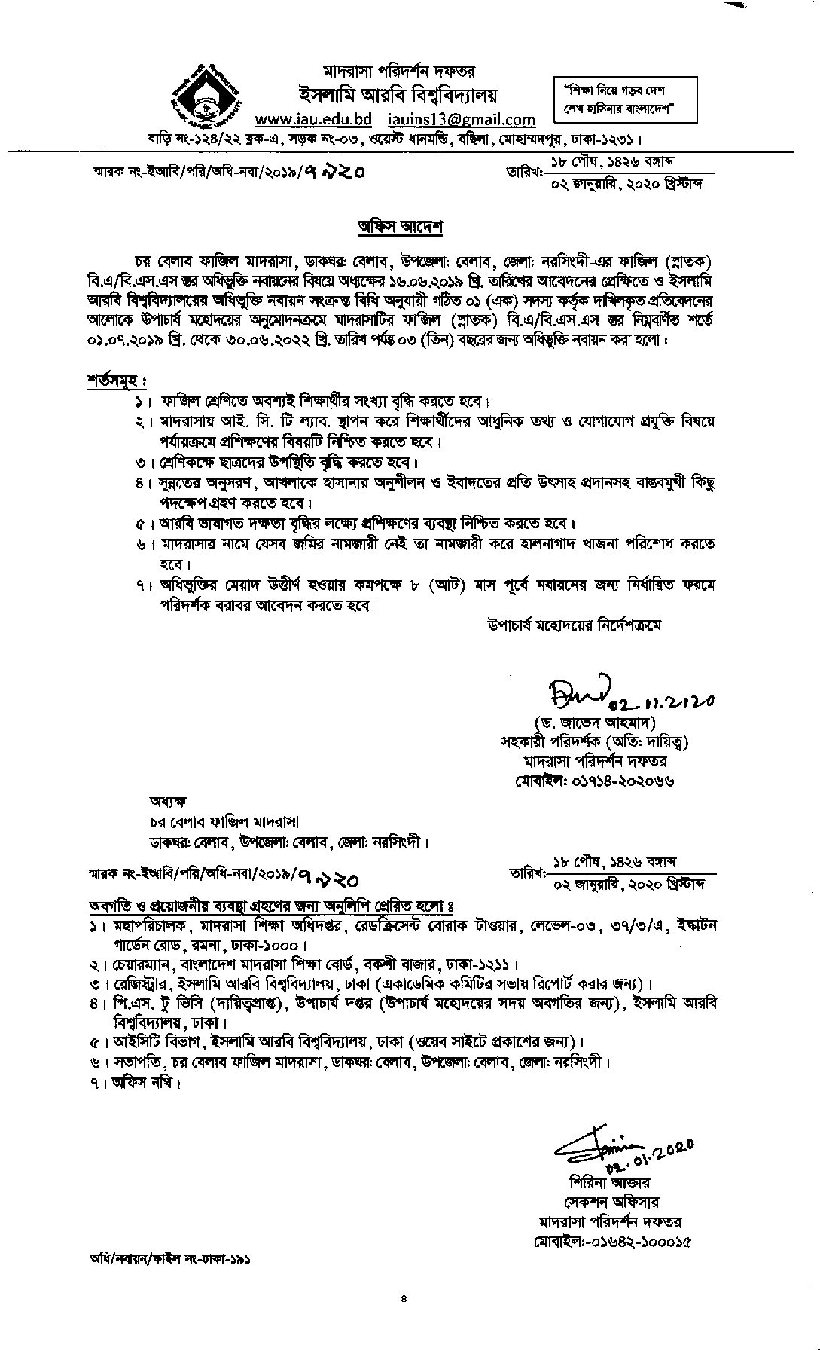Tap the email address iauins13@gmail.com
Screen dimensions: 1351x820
[x=462, y=119]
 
